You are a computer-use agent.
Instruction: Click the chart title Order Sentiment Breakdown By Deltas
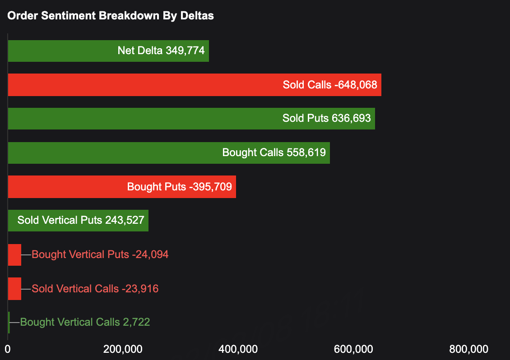coord(111,16)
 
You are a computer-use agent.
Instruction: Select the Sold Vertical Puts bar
coord(78,221)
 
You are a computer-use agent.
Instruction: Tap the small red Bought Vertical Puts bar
coord(14,255)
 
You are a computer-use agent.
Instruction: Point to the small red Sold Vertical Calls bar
coord(14,289)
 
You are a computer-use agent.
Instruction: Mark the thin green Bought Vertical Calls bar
coord(9,323)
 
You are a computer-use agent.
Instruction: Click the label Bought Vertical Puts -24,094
coord(100,254)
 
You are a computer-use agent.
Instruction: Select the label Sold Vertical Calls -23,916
coord(95,289)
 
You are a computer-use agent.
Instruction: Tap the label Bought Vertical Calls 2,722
coord(85,323)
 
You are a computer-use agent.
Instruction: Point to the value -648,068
coord(356,85)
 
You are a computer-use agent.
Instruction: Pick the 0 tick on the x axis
coord(8,349)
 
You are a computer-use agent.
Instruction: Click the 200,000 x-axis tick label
coord(123,349)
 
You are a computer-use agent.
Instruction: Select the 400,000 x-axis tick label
coord(238,349)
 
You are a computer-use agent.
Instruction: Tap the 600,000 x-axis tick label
coord(353,349)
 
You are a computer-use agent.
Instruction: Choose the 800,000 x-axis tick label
coord(469,349)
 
